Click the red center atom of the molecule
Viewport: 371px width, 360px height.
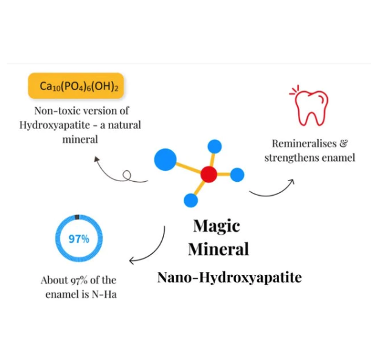click(209, 175)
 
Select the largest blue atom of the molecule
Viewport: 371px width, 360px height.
click(165, 159)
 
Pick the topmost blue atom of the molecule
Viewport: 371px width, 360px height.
click(214, 146)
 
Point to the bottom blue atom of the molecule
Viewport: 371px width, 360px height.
click(190, 201)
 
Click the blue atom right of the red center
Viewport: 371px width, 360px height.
click(237, 175)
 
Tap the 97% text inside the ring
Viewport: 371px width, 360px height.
click(78, 239)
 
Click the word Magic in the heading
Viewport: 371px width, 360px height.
click(217, 226)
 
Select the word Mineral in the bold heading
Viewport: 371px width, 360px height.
click(218, 249)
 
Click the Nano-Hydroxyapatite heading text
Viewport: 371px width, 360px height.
click(229, 278)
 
